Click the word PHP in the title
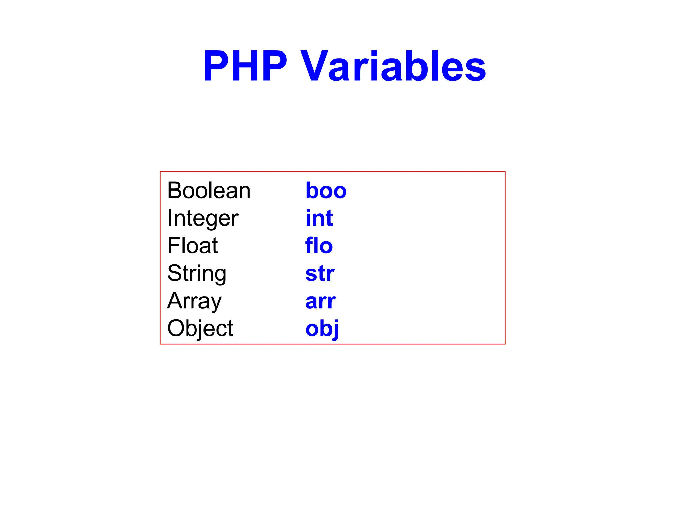[x=245, y=66]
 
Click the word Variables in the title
[x=393, y=66]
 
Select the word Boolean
[x=209, y=191]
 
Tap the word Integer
[x=203, y=218]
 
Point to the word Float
[x=192, y=245]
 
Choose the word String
[x=197, y=273]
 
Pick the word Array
[x=194, y=301]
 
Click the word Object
[x=200, y=329]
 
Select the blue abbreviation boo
[x=326, y=191]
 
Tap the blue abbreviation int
[x=319, y=218]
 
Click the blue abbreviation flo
[x=319, y=245]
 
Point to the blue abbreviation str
[x=320, y=273]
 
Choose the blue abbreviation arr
[x=320, y=301]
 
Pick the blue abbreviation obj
[x=322, y=329]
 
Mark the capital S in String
[x=174, y=273]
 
